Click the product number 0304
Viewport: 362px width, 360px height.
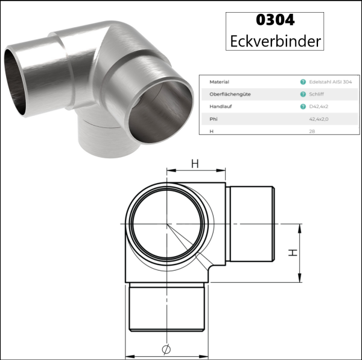(275, 20)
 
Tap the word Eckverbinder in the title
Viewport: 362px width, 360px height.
(276, 41)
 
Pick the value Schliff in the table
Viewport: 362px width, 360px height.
(317, 94)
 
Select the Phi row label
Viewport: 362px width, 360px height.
(213, 120)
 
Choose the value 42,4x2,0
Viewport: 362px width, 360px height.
(319, 120)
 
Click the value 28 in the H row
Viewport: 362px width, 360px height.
(311, 131)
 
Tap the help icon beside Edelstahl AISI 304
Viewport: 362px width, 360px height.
(302, 81)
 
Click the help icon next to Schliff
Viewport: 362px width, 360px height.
(302, 94)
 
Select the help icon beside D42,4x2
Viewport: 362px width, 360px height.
(302, 107)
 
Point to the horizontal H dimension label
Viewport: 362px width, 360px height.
(195, 164)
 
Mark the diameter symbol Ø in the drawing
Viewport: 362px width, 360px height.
(167, 349)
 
